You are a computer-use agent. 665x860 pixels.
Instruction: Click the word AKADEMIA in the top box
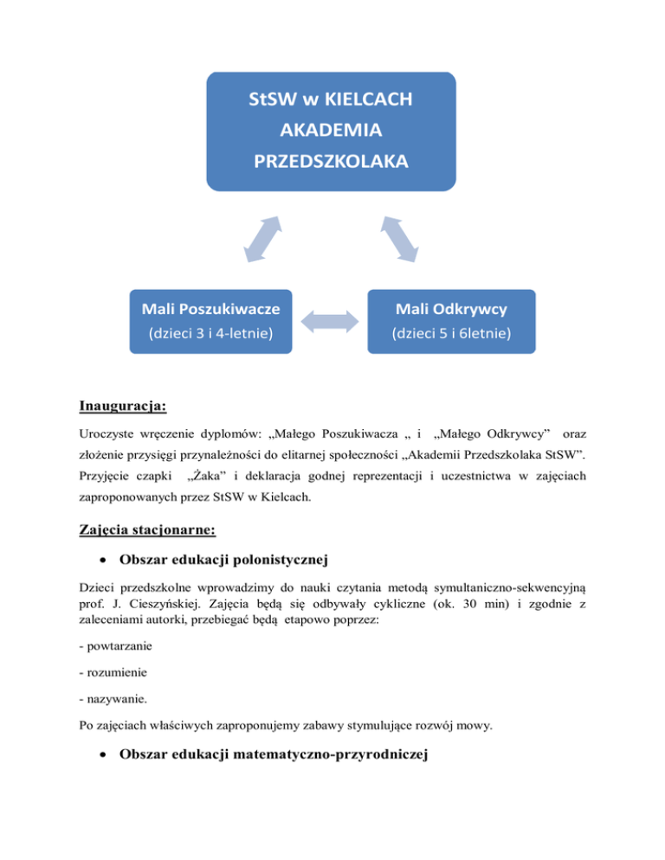[329, 132]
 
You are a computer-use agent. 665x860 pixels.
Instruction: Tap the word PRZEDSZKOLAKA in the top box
[329, 162]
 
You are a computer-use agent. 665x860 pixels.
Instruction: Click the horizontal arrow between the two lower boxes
[329, 320]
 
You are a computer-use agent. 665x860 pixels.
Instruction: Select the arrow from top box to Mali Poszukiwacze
[262, 238]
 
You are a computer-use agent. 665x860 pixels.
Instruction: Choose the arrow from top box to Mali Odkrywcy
[397, 238]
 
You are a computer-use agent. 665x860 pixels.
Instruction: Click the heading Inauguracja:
[123, 404]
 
